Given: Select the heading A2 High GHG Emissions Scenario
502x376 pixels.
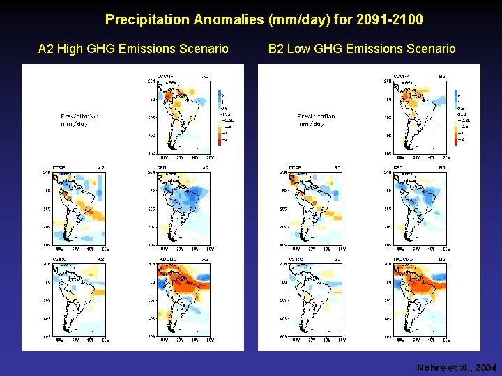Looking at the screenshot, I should click(x=133, y=49).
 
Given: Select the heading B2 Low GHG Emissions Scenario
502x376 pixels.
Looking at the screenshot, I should click(x=362, y=49).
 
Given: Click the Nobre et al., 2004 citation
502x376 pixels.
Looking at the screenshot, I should click(x=457, y=367).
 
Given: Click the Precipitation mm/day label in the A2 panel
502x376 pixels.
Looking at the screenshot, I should click(x=79, y=120).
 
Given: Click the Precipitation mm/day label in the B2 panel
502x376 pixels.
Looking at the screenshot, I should click(x=316, y=120).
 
